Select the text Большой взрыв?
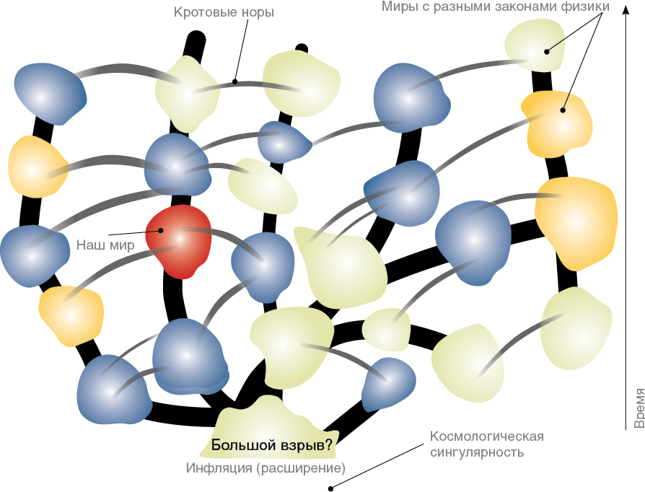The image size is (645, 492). [x=271, y=445]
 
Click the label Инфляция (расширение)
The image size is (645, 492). [x=266, y=467]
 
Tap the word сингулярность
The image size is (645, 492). [x=477, y=453]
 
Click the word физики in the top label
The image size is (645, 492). [x=584, y=7]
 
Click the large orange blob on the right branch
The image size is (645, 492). [x=575, y=220]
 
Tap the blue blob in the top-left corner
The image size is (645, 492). [x=48, y=92]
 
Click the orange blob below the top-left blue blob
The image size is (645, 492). [x=37, y=166]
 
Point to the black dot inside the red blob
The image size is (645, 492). [x=161, y=231]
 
